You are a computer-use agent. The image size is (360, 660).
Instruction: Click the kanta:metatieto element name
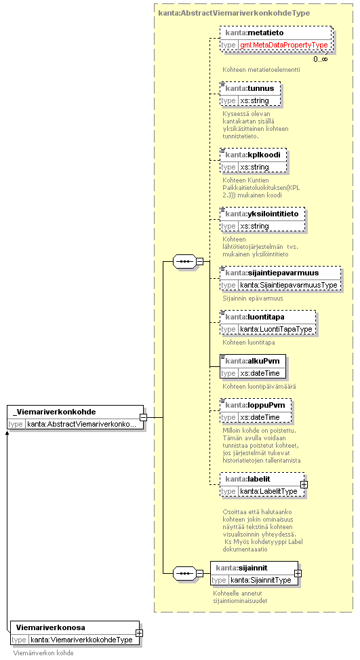pos(254,33)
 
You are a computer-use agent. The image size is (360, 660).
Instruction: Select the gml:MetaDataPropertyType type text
pos(284,45)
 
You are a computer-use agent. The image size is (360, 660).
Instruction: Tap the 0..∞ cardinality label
pos(321,59)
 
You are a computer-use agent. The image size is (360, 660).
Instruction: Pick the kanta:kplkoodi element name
pos(253,155)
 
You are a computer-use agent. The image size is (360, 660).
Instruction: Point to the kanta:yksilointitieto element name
pos(262,214)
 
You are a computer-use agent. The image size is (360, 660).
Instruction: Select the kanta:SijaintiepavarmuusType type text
pos(289,285)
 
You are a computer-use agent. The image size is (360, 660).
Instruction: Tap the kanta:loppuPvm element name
pos(256,406)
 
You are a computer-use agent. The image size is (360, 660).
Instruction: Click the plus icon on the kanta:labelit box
pos(304,484)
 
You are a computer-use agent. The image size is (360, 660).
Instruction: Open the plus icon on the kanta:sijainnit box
pos(298,573)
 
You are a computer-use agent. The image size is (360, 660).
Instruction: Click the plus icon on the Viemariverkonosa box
pos(139,633)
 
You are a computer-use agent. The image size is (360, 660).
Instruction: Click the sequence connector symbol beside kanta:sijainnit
pos(184,573)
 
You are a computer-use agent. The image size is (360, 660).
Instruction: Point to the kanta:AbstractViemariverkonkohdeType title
pos(235,13)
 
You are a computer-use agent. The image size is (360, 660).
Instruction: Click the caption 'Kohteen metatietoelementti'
pos(261,69)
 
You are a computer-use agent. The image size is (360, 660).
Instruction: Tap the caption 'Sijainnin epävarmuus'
pos(253,298)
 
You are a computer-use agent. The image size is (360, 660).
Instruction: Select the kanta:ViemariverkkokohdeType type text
pos(81,640)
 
